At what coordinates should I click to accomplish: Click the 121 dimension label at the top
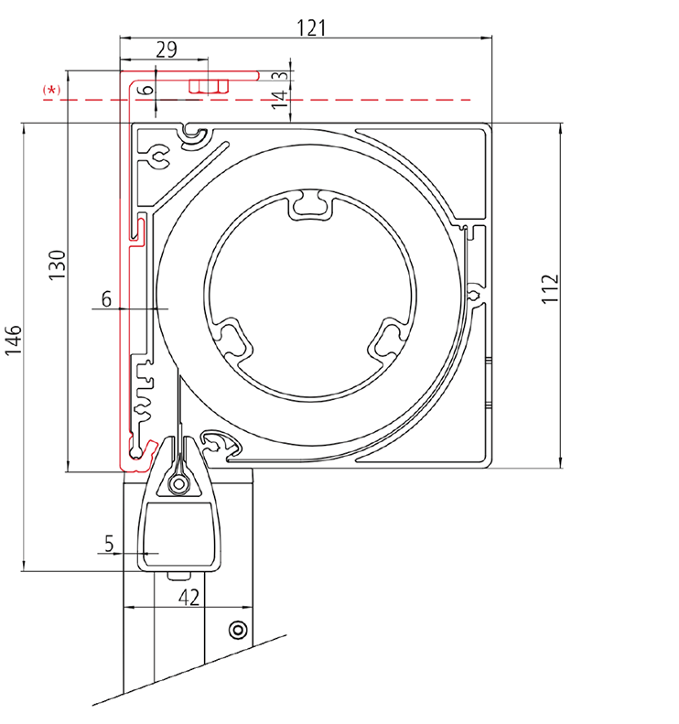tap(311, 27)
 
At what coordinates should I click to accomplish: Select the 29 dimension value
tap(167, 50)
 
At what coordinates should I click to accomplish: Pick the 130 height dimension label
tap(57, 265)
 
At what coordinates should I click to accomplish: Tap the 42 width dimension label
tap(189, 598)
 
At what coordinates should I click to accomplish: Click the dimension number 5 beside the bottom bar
tap(109, 545)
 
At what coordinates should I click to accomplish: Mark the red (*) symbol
tap(52, 90)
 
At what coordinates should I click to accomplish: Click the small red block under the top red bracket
tap(209, 86)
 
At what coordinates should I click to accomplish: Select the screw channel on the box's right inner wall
tap(476, 294)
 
